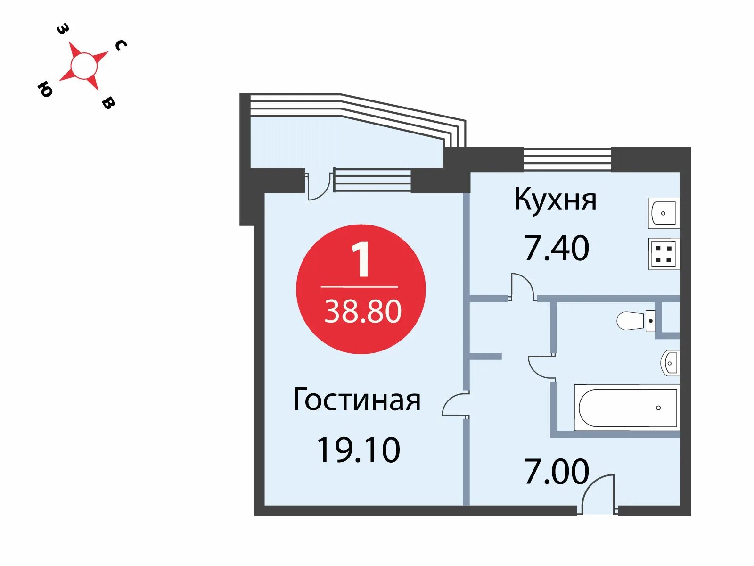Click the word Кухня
pyautogui.click(x=555, y=200)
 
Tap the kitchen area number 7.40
pyautogui.click(x=557, y=248)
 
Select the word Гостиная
pyautogui.click(x=357, y=400)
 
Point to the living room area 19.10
pyautogui.click(x=358, y=450)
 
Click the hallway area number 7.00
pyautogui.click(x=557, y=471)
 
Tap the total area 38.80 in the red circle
pyautogui.click(x=363, y=311)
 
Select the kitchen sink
pyautogui.click(x=664, y=213)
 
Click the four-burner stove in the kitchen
pyautogui.click(x=664, y=254)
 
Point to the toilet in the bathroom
pyautogui.click(x=634, y=321)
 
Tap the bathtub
pyautogui.click(x=627, y=408)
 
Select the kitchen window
pyautogui.click(x=567, y=159)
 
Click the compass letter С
pyautogui.click(x=121, y=45)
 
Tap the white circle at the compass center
pyautogui.click(x=84, y=66)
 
